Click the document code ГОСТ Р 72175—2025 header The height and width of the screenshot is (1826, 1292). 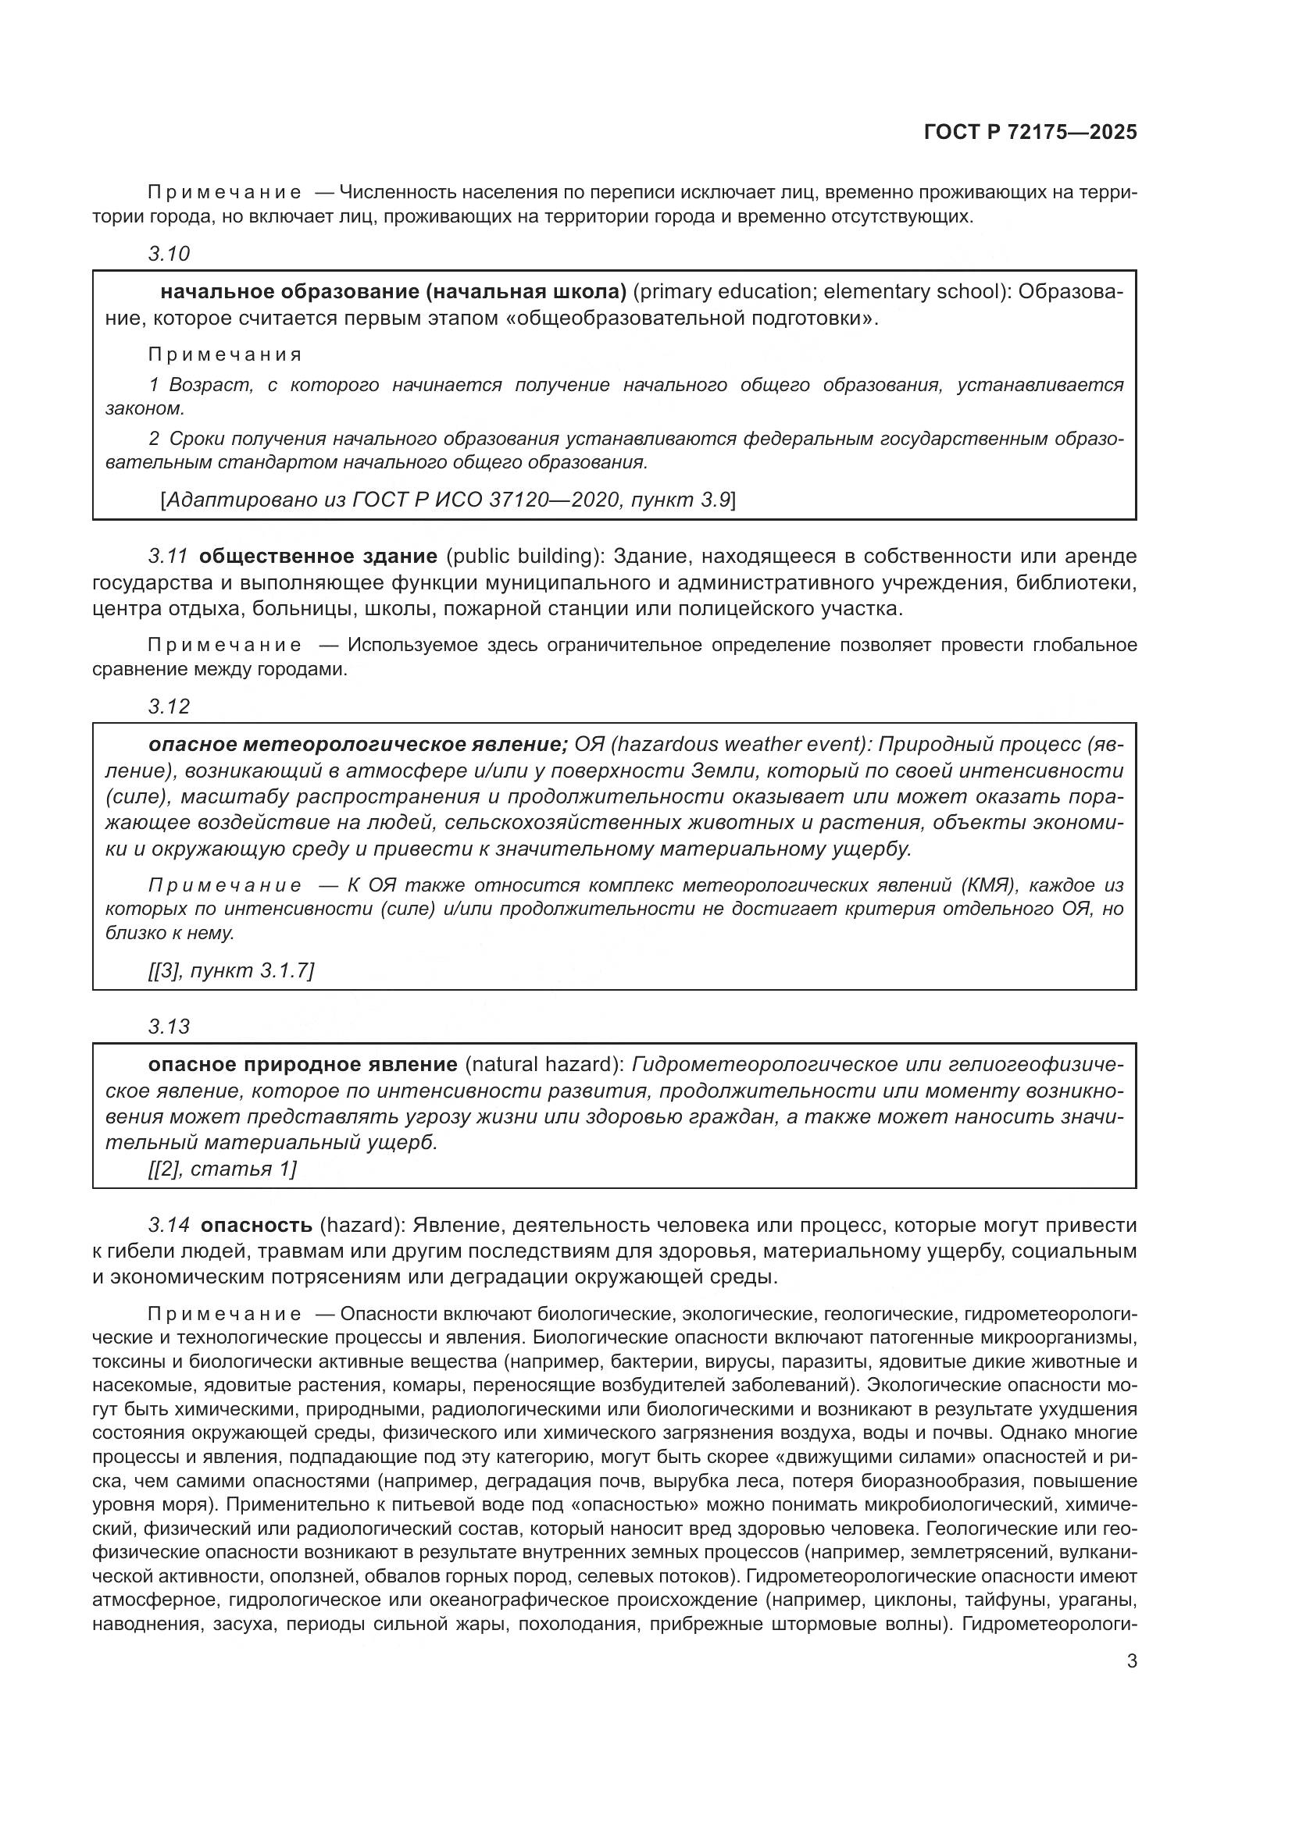click(1030, 132)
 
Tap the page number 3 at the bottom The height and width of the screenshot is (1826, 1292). click(1131, 1660)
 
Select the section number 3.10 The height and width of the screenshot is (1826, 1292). click(169, 254)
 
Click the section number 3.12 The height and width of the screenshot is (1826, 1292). click(169, 707)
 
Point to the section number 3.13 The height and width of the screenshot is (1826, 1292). click(169, 1027)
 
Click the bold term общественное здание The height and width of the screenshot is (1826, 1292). click(317, 555)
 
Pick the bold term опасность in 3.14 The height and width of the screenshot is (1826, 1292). click(256, 1225)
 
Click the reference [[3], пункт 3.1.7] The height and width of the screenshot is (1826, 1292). click(230, 970)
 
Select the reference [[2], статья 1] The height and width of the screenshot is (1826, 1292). click(222, 1169)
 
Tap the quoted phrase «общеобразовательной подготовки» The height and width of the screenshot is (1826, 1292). click(692, 319)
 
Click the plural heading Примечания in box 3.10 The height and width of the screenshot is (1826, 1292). click(225, 354)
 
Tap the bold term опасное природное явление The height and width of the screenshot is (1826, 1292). click(302, 1064)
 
